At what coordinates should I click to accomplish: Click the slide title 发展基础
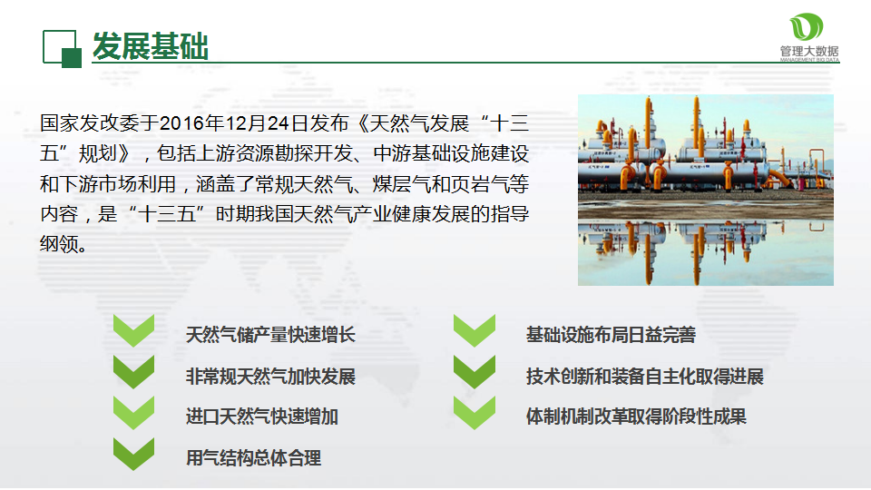(x=150, y=46)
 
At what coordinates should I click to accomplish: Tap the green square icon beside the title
(x=62, y=49)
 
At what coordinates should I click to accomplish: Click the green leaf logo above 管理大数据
(x=806, y=27)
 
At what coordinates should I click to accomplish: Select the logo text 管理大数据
(x=809, y=51)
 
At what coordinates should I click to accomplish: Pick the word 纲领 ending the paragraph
(x=59, y=244)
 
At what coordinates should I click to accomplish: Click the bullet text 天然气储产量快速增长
(x=270, y=335)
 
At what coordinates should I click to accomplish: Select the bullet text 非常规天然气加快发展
(x=270, y=376)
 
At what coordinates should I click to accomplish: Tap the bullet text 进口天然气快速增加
(x=261, y=416)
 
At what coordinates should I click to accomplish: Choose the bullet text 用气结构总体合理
(x=253, y=458)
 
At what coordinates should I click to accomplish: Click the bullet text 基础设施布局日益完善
(x=611, y=335)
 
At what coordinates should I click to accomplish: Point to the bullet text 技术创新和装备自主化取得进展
(x=644, y=376)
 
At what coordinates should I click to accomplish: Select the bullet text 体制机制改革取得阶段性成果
(x=636, y=416)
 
